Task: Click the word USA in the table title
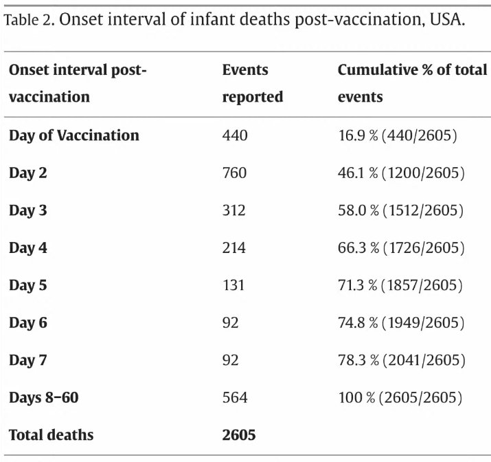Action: pos(447,19)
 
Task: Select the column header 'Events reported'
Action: pos(253,83)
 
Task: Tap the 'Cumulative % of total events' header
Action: pos(413,83)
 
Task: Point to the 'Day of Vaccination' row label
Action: pos(74,136)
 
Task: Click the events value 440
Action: pos(235,135)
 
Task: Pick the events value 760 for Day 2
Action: pos(235,173)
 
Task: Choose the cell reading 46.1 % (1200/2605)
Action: pos(401,173)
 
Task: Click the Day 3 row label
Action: pos(28,210)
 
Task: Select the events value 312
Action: pos(234,210)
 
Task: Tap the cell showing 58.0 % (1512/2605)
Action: pos(400,210)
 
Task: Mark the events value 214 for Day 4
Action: pos(234,248)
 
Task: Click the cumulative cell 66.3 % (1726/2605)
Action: pos(401,248)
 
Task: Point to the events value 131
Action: pos(233,285)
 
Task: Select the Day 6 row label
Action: pos(28,323)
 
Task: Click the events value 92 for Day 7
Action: pos(231,360)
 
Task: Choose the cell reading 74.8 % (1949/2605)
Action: pos(401,323)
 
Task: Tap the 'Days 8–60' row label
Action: pos(43,398)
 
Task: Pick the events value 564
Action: pos(235,398)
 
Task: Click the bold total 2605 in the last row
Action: pos(239,435)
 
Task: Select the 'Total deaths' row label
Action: pos(51,435)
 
